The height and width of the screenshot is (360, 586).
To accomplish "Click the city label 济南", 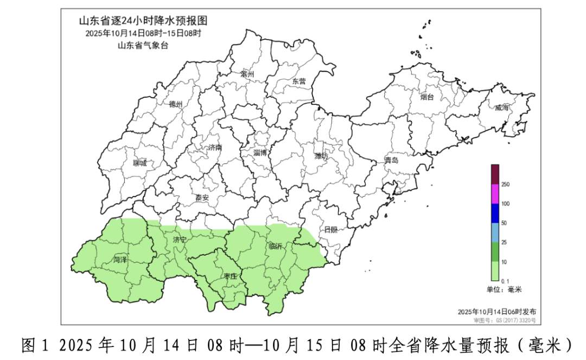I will pyautogui.click(x=215, y=148).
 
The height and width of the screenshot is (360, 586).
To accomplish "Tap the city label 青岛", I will pyautogui.click(x=391, y=161).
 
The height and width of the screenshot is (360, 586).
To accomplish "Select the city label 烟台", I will pyautogui.click(x=428, y=97).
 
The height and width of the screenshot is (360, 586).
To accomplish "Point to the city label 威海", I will pyautogui.click(x=502, y=108).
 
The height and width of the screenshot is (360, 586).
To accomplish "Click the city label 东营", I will pyautogui.click(x=299, y=81).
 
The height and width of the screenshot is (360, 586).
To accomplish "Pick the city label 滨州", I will pyautogui.click(x=247, y=73).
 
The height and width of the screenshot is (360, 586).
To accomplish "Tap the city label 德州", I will pyautogui.click(x=176, y=104).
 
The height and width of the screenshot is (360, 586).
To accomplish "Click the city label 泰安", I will pyautogui.click(x=202, y=198).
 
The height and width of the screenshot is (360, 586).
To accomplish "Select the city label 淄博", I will pyautogui.click(x=260, y=153).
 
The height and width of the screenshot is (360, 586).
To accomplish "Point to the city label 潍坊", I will pyautogui.click(x=321, y=156).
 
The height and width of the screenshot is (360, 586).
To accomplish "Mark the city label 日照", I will pyautogui.click(x=330, y=229).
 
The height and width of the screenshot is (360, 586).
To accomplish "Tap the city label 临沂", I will pyautogui.click(x=276, y=247).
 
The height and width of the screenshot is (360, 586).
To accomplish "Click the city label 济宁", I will pyautogui.click(x=180, y=239).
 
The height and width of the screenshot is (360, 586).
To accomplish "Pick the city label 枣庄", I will pyautogui.click(x=230, y=276).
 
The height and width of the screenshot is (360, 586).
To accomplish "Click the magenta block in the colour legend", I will pyautogui.click(x=495, y=194).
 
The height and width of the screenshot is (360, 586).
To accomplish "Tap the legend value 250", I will pyautogui.click(x=505, y=185).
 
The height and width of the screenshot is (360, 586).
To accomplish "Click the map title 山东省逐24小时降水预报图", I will pyautogui.click(x=143, y=21).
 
